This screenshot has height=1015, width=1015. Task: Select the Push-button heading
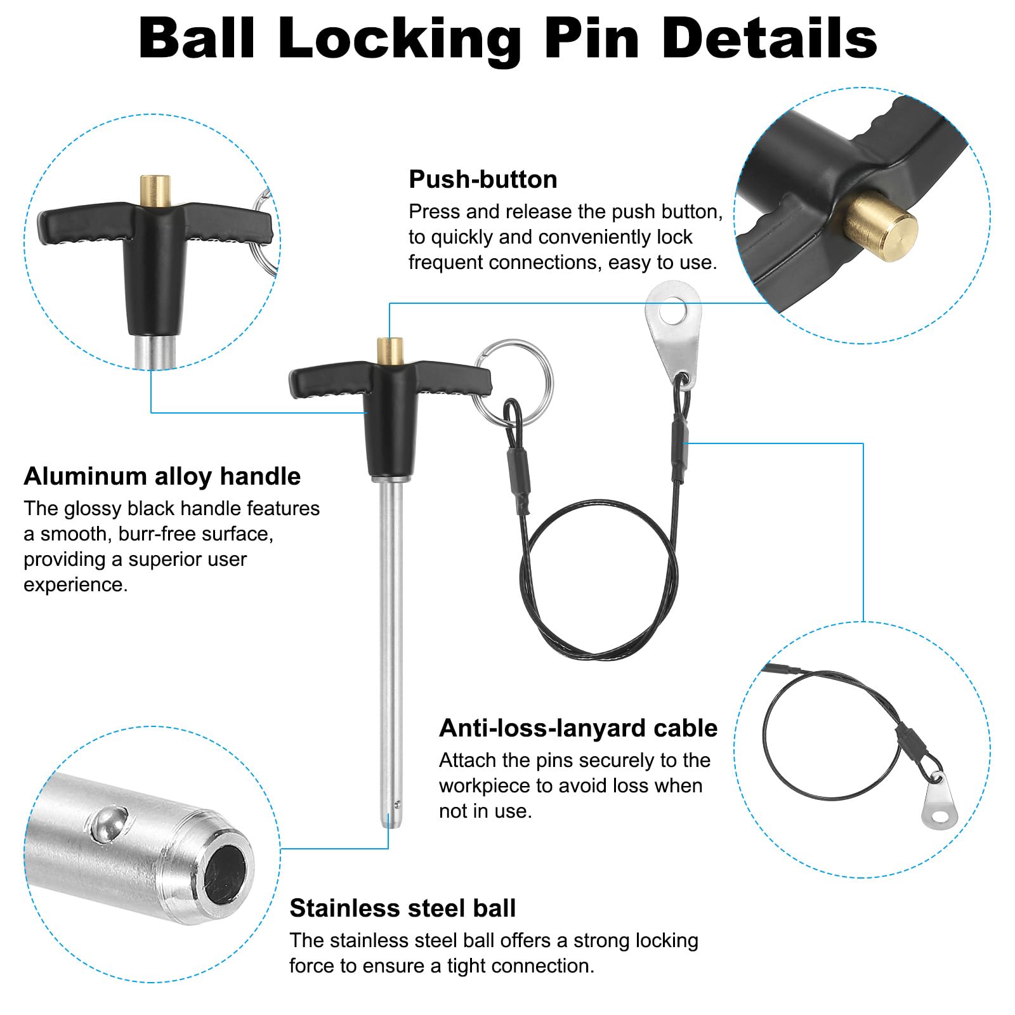tap(483, 180)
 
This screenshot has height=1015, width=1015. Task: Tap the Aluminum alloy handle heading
tap(162, 476)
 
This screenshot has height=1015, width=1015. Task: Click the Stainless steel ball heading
tap(403, 908)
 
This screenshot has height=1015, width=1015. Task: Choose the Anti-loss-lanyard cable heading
tap(578, 728)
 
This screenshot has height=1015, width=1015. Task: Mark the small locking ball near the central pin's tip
tap(397, 804)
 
